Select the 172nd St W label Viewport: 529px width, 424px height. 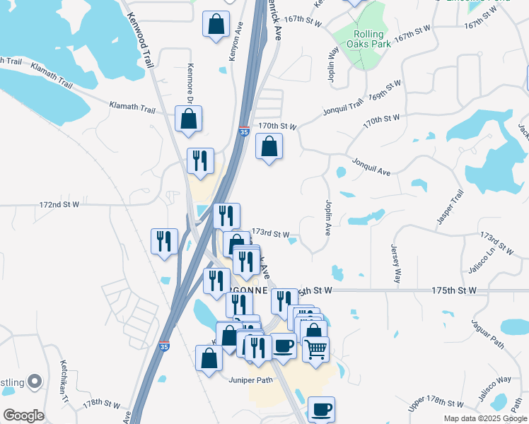[59, 204]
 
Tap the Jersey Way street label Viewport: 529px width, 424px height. [397, 264]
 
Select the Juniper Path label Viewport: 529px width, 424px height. [250, 380]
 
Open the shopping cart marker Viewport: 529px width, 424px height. [315, 349]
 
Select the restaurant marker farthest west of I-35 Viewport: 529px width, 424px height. [164, 242]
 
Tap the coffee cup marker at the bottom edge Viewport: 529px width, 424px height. [321, 410]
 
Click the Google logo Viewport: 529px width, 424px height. [23, 416]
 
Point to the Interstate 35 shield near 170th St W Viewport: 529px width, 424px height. [244, 131]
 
